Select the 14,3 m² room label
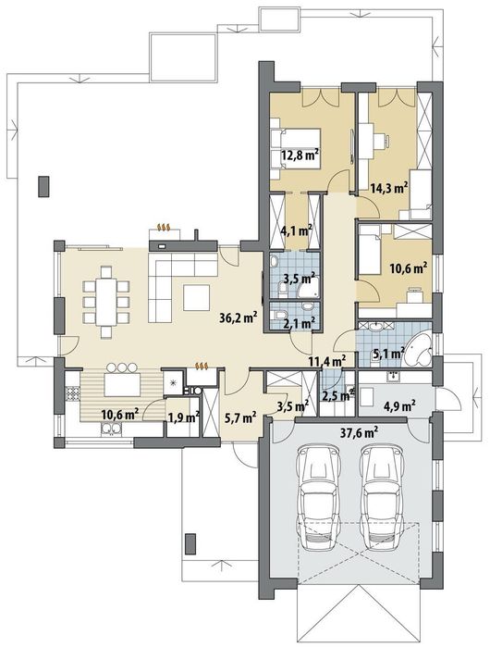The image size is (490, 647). click(389, 188)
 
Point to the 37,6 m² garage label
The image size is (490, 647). click(361, 433)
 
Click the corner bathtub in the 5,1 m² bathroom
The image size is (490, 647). click(419, 350)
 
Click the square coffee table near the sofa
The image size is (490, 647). click(197, 298)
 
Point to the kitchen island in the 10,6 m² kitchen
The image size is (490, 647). click(120, 384)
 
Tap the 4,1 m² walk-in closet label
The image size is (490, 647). click(296, 230)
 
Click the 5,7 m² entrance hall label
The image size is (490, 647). click(240, 417)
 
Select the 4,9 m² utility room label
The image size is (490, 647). click(398, 406)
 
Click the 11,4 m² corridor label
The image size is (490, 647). click(326, 362)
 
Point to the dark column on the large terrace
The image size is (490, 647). click(43, 186)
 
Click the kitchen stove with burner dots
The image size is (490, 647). click(72, 393)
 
